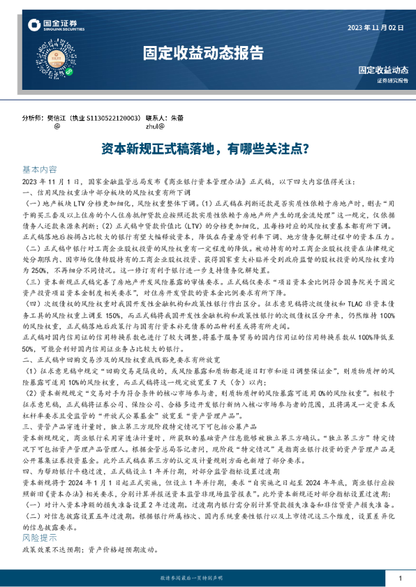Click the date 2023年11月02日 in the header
point(376,28)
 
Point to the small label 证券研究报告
point(387,81)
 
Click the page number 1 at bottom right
point(400,579)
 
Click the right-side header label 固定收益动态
point(383,70)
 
